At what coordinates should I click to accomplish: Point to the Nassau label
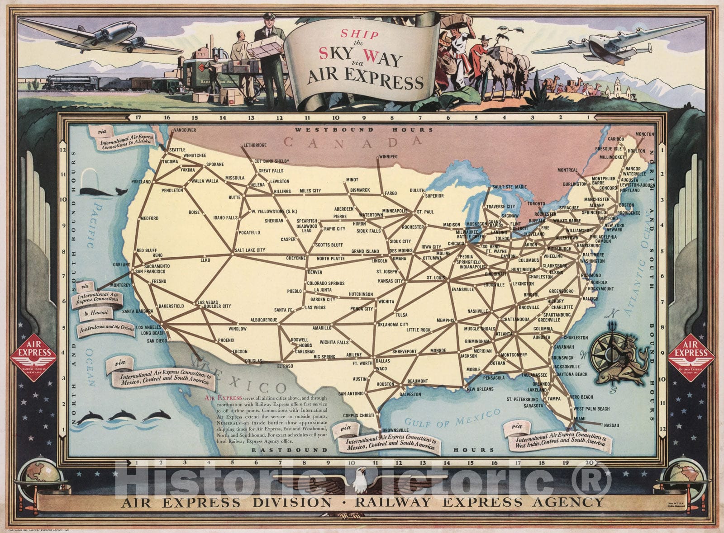[x=611, y=425]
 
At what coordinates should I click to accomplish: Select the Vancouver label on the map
[x=185, y=130]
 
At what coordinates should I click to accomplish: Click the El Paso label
[x=285, y=366]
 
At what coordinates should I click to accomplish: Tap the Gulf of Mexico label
[x=452, y=418]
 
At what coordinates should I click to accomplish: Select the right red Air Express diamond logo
[x=691, y=357]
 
